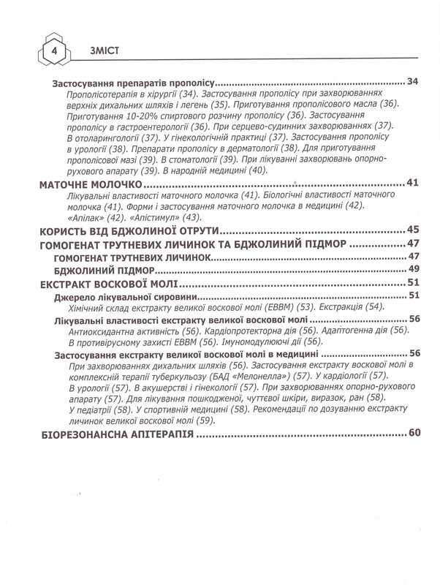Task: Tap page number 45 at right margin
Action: [412, 230]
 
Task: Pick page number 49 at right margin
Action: [412, 270]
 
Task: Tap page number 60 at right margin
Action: [414, 433]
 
